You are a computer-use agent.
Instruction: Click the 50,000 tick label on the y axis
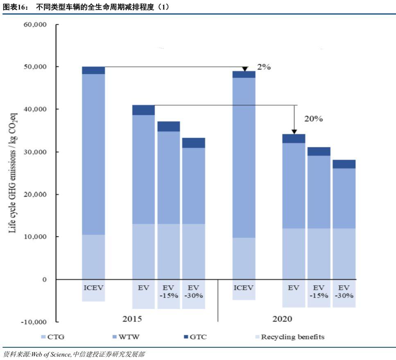(x=36, y=67)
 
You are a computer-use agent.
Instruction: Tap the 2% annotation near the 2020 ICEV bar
(x=264, y=67)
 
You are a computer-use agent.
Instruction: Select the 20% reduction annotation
(x=313, y=119)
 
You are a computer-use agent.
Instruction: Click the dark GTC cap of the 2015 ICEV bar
(x=93, y=70)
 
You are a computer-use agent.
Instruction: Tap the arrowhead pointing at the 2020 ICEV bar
(x=245, y=69)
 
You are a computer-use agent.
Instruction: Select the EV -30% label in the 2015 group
(x=193, y=291)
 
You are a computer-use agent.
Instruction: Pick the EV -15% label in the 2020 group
(x=319, y=291)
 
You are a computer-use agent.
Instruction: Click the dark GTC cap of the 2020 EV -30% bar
(x=344, y=164)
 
